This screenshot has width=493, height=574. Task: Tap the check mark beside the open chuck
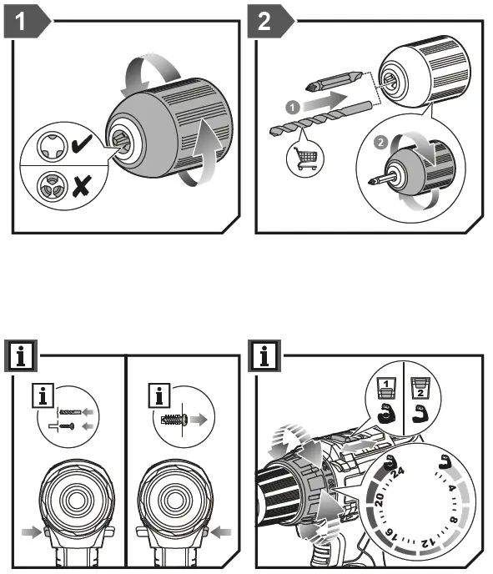coord(82,143)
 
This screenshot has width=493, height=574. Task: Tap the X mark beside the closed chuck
coord(81,185)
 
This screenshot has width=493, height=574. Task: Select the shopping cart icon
coord(304,159)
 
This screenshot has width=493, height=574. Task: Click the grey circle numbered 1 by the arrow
coord(293,108)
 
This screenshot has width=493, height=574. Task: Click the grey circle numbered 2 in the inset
coord(380,142)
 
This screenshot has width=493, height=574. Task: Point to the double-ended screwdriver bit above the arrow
coord(335,81)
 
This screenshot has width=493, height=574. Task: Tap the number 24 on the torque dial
coord(398,472)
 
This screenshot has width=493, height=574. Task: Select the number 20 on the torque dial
coord(379,499)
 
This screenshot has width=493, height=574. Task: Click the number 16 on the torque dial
coord(390,533)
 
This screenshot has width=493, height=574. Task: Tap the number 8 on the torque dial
coord(453,520)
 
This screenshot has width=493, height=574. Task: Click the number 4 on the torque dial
coord(451,488)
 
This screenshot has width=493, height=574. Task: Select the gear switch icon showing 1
coord(386,388)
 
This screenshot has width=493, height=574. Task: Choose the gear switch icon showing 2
coord(420,389)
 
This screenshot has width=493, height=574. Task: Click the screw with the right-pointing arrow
coord(175,419)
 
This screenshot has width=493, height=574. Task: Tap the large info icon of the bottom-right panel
coord(264,355)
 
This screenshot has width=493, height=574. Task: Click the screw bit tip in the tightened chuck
coord(374,181)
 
